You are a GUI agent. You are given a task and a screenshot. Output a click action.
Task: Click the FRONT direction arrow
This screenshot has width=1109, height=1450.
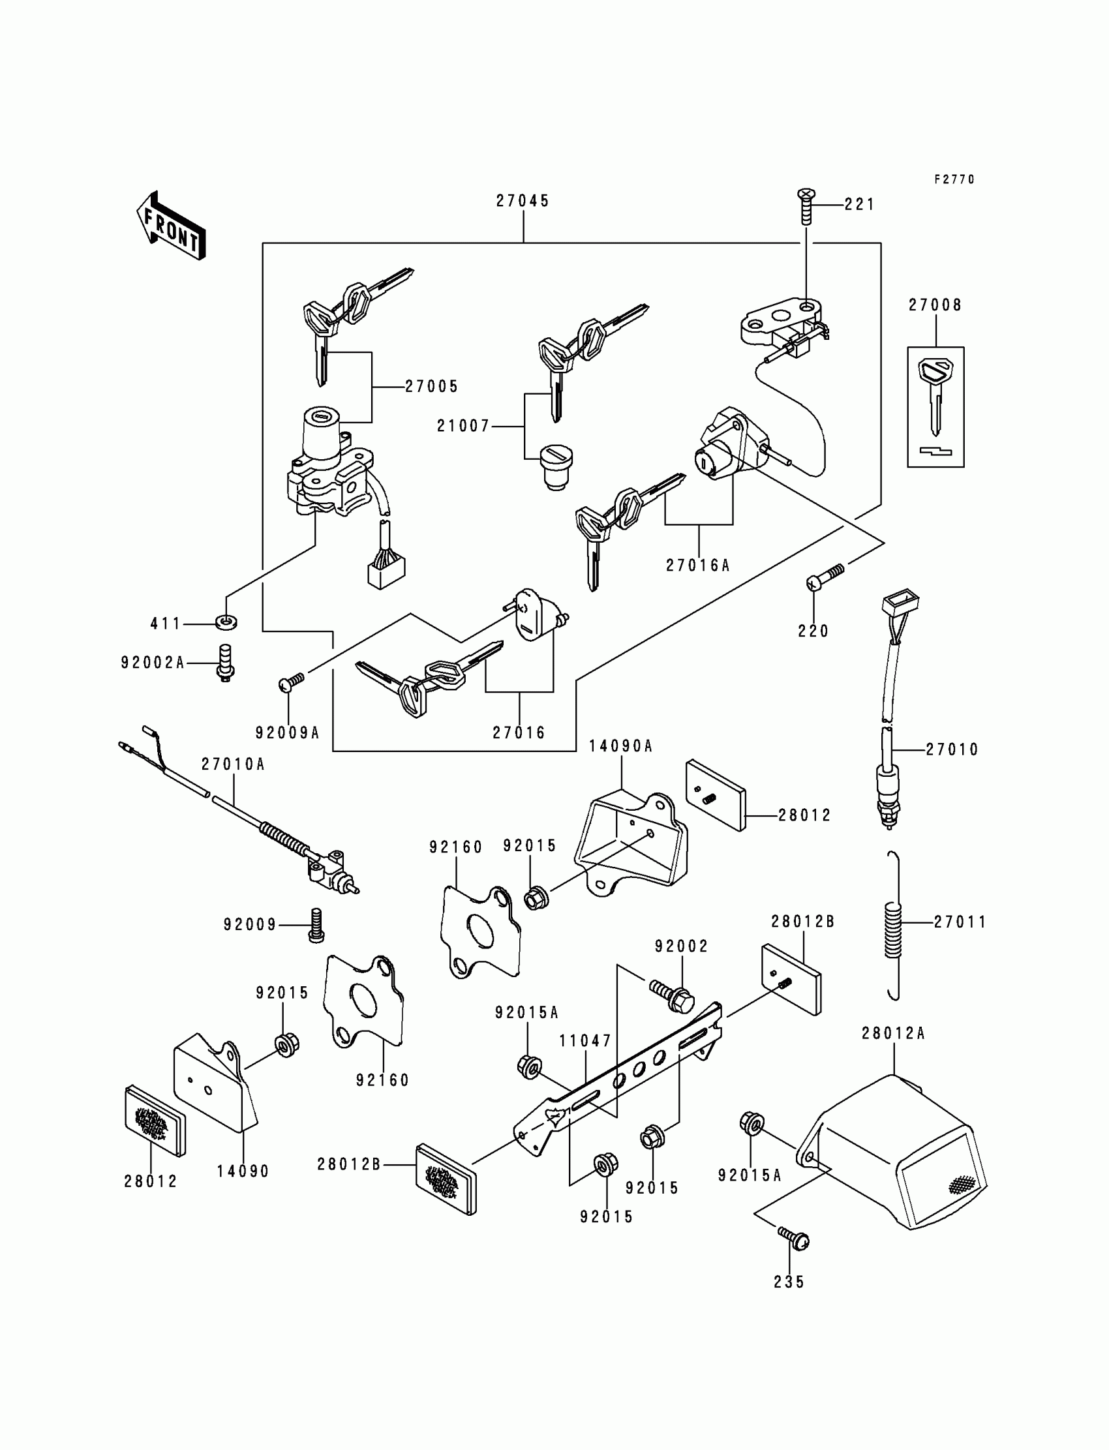point(171,225)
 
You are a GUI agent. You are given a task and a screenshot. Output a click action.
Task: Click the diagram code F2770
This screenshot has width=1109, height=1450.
point(954,179)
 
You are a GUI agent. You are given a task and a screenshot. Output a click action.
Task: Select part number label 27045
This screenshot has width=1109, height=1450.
point(523,202)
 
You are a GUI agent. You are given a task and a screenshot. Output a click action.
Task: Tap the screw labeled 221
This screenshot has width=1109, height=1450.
point(806,206)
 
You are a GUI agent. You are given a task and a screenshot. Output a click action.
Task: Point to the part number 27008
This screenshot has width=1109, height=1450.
point(935,305)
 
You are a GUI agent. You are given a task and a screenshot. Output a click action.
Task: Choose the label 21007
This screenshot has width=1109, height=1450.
point(463,427)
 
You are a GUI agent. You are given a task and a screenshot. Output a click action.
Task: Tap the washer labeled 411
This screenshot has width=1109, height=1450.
point(227,622)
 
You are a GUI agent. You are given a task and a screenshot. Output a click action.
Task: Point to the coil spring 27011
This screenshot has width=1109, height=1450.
point(892,926)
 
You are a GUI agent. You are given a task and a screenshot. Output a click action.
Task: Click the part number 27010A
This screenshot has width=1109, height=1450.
point(233,764)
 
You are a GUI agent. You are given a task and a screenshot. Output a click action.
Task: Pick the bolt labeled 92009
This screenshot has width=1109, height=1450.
point(316,925)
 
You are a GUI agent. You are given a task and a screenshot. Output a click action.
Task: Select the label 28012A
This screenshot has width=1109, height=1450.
point(893,1034)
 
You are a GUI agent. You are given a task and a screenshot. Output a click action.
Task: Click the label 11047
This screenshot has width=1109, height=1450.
point(586,1042)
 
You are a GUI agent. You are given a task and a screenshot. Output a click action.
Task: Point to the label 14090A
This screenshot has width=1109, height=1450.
point(620,746)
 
